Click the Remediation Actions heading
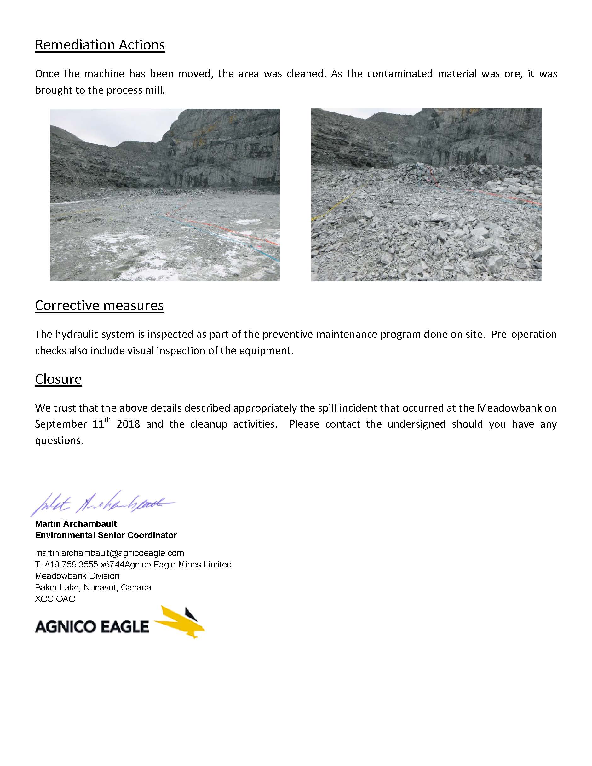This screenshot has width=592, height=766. coord(100,45)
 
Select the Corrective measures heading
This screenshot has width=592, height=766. coord(99,306)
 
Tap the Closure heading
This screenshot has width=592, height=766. coord(58,379)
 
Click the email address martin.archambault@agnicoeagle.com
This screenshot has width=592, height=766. coord(109,553)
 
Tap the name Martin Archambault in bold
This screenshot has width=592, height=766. coord(76,524)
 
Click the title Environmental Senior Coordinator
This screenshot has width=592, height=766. coord(106,535)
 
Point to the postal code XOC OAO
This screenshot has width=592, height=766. coord(55,599)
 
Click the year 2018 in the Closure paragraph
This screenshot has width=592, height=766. coord(128,424)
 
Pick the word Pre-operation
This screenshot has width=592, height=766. coord(524,334)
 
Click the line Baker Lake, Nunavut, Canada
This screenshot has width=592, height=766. coord(93,587)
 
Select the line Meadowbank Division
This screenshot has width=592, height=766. coord(77,576)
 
